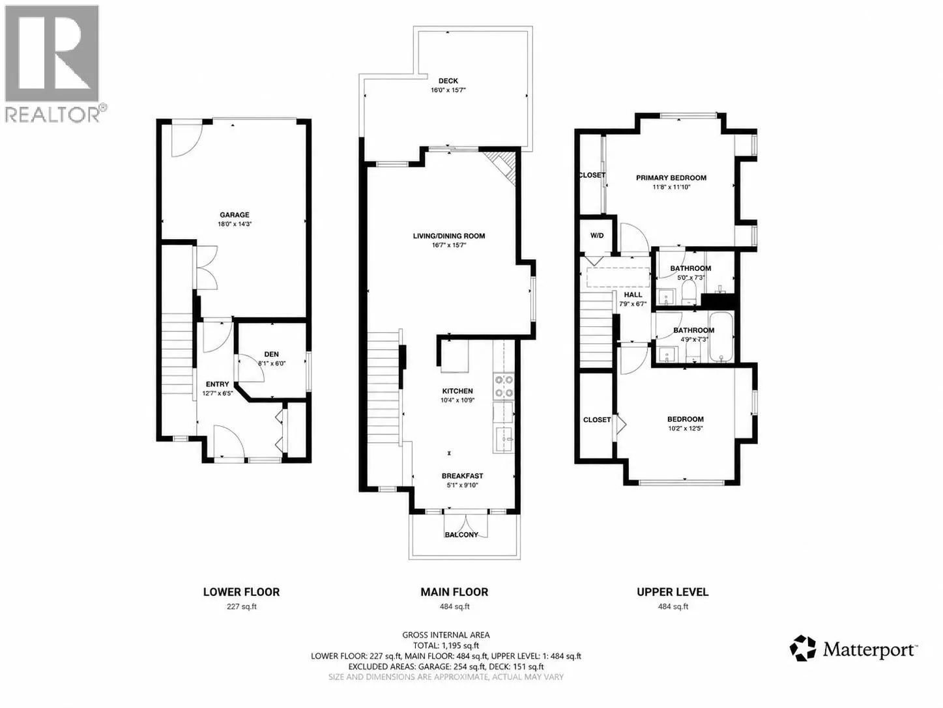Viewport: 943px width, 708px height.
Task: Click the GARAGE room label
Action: click(234, 215)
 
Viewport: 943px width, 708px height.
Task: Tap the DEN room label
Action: click(271, 354)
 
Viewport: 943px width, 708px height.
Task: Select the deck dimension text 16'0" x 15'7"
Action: click(448, 90)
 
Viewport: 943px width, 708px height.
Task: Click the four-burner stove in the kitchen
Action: click(504, 387)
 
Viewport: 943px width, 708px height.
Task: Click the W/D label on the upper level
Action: click(597, 235)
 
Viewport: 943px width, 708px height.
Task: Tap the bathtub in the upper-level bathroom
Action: click(721, 337)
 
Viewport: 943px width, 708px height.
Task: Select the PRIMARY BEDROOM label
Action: click(671, 178)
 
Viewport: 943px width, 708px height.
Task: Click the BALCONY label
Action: click(461, 535)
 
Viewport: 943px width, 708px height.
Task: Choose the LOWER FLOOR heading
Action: click(241, 592)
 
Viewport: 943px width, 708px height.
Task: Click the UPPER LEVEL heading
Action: click(673, 592)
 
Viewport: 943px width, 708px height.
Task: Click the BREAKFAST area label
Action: click(462, 475)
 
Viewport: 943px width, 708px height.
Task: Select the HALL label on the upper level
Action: click(633, 294)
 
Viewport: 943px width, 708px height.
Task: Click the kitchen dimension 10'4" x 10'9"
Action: click(457, 400)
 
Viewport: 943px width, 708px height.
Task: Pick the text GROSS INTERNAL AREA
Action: click(446, 635)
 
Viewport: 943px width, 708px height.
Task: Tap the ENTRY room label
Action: click(218, 384)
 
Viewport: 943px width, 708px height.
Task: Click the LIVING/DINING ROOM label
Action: click(449, 236)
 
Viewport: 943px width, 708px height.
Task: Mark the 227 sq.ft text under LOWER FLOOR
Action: click(241, 606)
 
